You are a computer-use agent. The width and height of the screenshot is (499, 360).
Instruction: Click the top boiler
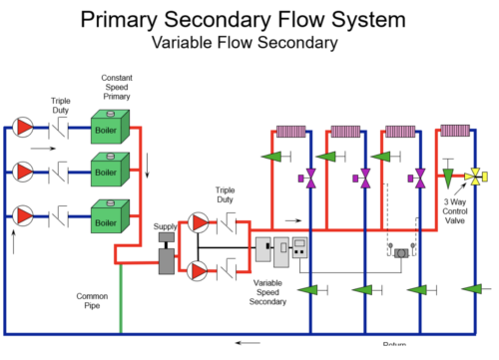click(106, 128)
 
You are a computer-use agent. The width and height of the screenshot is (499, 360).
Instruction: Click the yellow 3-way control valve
click(472, 177)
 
